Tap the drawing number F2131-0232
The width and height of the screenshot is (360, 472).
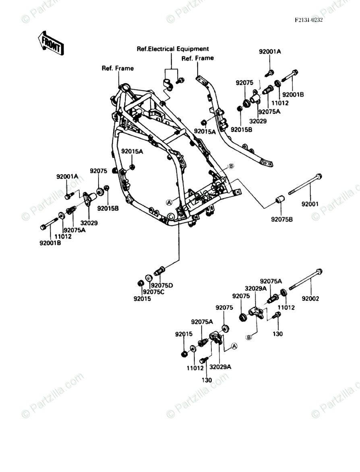pos(308,20)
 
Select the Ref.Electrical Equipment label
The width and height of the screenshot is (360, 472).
pos(173,49)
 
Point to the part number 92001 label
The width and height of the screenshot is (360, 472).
pos(310,204)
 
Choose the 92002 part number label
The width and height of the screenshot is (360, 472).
pos(310,299)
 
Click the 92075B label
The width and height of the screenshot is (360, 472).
pos(282,219)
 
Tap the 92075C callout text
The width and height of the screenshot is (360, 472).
pos(153,292)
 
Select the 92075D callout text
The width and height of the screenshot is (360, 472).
pos(162,285)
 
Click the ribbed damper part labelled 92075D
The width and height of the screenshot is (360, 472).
pos(159,271)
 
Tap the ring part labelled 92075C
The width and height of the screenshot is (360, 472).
pos(148,278)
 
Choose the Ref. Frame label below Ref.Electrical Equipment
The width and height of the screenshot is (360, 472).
pos(198,58)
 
